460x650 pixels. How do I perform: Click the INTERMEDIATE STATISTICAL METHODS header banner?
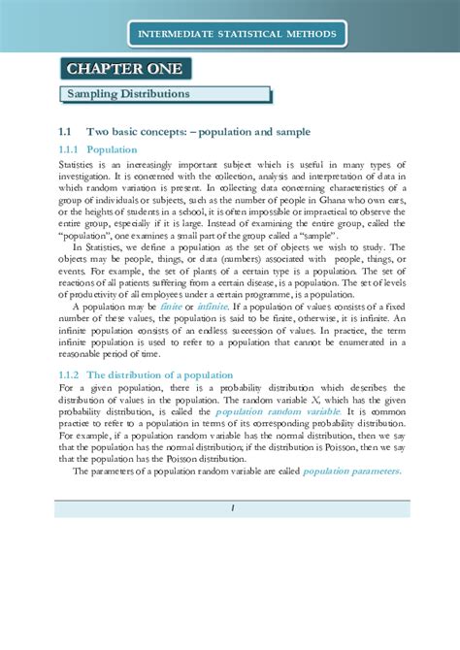click(x=237, y=36)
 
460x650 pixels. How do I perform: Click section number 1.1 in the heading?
click(x=66, y=130)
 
